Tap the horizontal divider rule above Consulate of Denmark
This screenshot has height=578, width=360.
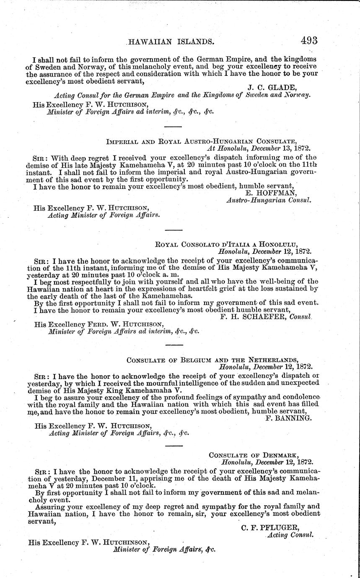(x=174, y=445)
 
